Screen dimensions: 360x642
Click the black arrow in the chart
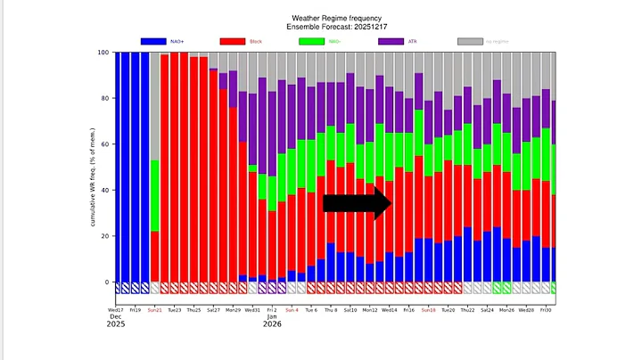pos(357,203)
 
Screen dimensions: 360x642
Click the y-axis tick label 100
pos(103,53)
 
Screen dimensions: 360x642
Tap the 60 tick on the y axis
pos(105,144)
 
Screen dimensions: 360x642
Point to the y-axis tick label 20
pos(105,236)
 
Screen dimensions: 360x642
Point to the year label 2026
pos(273,324)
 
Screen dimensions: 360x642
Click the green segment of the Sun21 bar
pos(155,195)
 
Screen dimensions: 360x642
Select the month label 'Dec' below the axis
pos(114,316)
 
